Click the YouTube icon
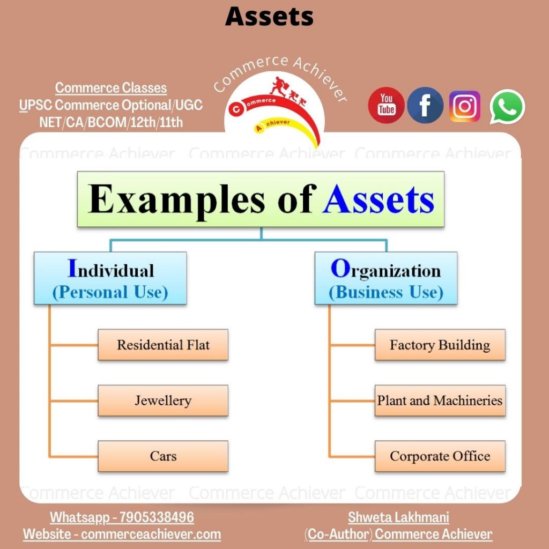386,105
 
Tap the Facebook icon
425,106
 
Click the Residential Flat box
163,345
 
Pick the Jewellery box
163,400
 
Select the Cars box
163,456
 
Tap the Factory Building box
440,345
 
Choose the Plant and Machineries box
440,400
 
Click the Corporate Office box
440,456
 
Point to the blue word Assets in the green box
379,199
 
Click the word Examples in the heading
176,199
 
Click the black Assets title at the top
269,17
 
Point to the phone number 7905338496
157,517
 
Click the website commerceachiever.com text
151,534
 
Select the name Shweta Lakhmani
398,517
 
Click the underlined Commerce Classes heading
111,88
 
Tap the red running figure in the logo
279,86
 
